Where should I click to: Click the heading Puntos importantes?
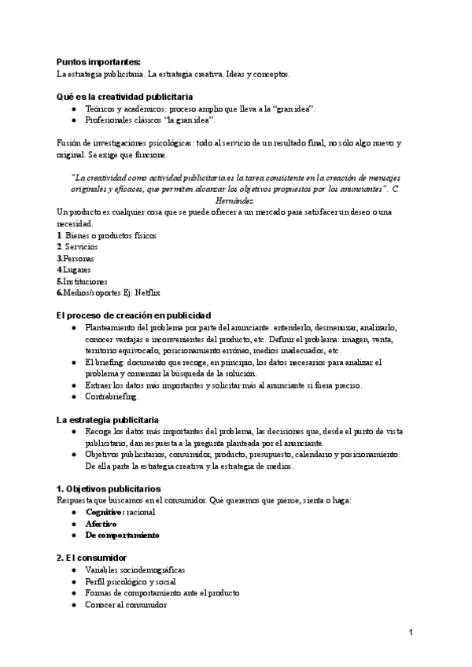(98, 61)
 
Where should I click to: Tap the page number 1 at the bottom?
(411, 632)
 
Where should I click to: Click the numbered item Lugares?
(79, 270)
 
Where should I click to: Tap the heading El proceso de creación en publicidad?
(133, 315)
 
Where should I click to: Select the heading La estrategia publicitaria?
(107, 420)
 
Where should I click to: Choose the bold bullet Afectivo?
(101, 523)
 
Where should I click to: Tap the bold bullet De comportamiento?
(122, 535)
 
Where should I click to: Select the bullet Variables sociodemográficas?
(135, 569)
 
